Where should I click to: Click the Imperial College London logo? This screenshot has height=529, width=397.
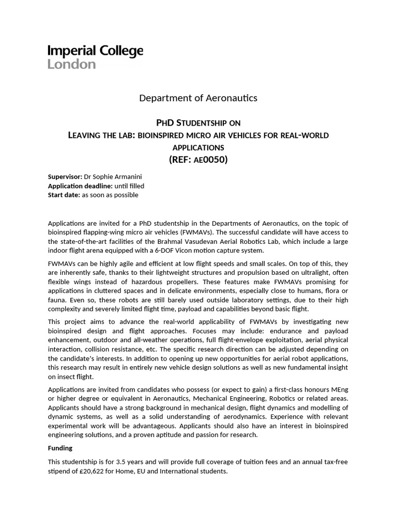[x=95, y=57]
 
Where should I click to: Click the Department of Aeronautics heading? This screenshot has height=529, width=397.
[x=198, y=98]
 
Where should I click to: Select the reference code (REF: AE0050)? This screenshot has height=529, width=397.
[x=198, y=159]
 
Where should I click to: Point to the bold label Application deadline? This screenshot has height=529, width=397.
[x=80, y=186]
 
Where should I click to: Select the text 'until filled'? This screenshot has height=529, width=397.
[x=129, y=186]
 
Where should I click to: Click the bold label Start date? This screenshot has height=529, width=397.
[x=64, y=195]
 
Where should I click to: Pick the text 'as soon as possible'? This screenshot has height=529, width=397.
[x=110, y=195]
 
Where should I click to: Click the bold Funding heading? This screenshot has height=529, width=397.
[x=60, y=448]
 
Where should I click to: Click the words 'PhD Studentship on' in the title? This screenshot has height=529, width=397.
[x=198, y=122]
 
